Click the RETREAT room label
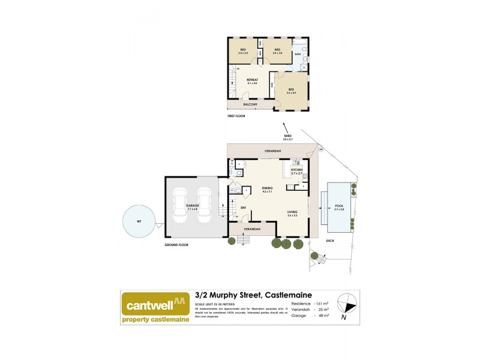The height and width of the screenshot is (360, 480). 251,81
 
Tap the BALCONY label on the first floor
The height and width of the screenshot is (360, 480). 251,105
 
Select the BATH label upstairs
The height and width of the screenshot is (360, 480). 298,54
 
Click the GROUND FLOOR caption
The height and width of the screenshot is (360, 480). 176,245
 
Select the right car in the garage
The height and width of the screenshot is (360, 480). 205,204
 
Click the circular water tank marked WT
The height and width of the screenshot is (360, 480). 139,222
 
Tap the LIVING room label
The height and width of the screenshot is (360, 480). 292,213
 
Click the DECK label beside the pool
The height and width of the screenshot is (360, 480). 329,241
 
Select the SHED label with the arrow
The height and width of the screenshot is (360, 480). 287,137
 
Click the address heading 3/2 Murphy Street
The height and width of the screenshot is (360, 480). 241,295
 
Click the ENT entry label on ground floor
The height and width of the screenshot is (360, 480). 244,208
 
